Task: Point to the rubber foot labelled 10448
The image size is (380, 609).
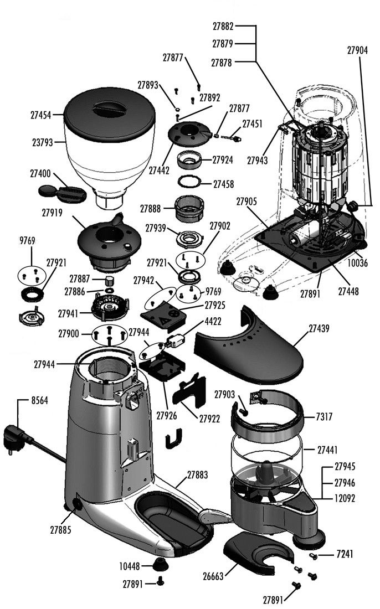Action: click(161, 565)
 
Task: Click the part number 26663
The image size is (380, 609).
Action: click(213, 576)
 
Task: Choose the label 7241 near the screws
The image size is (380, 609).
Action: click(343, 554)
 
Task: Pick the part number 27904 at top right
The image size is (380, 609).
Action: click(357, 50)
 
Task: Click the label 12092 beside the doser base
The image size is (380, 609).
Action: click(345, 498)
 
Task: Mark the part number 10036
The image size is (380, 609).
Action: click(357, 264)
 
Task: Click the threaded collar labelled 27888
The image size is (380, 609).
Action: click(192, 210)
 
